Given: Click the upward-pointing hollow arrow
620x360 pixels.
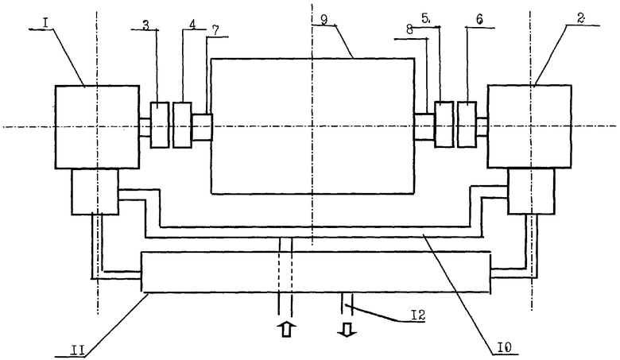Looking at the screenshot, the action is pos(288,328).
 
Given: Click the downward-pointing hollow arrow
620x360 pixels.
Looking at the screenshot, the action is pos(347,329).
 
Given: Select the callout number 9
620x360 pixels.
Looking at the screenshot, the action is pos(324,20).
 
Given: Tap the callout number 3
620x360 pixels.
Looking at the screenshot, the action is pos(146,25).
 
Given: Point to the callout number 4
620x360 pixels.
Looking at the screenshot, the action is pos(192,24).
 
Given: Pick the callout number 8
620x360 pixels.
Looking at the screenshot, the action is pos(409,29).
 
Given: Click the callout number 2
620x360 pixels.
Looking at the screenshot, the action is pos(580,19).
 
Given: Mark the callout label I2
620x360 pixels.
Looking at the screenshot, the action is pos(417,315).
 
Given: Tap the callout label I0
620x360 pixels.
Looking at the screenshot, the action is pos(505,348).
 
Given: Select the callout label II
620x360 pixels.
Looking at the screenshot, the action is pos(77,350).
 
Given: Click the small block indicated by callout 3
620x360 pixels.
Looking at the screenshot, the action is pos(160,125).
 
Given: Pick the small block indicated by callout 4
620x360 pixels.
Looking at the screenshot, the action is pos(183,125).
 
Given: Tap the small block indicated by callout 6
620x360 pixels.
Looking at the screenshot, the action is pos(467,125).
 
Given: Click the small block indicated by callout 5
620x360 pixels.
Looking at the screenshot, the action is pos(444,125).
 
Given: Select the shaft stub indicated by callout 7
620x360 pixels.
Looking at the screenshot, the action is pos(202,127).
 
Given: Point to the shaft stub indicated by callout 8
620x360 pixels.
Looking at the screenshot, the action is pos(424,126).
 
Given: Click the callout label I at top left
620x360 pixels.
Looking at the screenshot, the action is pos(45,23).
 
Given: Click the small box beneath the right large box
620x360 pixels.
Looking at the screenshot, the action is pos(532,192).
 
